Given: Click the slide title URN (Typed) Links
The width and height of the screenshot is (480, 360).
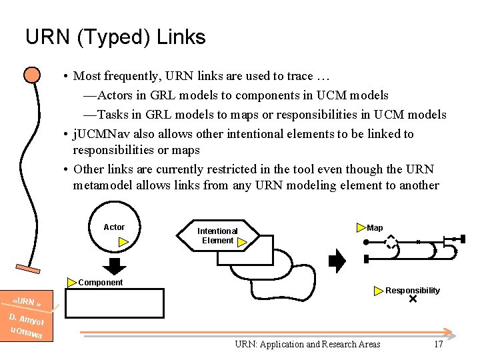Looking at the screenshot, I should [115, 37].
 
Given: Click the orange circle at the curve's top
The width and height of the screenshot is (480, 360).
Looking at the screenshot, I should [31, 75].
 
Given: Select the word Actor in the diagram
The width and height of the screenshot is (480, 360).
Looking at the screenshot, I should [114, 227].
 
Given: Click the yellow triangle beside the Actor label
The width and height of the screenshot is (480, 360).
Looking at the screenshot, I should [123, 242].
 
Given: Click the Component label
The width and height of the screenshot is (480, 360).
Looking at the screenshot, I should [101, 283].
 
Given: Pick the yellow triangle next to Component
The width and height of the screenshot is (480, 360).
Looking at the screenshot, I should [73, 282].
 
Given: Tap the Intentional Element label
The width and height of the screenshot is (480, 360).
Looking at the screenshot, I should [218, 236].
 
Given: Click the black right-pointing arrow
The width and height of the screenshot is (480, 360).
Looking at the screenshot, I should [338, 261].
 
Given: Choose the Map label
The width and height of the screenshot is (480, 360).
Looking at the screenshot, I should [375, 228].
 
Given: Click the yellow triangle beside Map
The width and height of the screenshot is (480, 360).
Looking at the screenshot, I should [361, 228].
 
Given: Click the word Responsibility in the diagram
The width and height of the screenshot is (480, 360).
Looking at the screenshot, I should [413, 291].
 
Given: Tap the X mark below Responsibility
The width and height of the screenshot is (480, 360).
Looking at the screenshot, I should [412, 300].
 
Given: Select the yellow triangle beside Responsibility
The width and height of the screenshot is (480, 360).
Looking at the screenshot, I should [379, 291].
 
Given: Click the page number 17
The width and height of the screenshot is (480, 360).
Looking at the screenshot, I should [438, 344].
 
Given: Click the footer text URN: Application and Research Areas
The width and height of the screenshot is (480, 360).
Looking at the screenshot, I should [307, 344].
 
